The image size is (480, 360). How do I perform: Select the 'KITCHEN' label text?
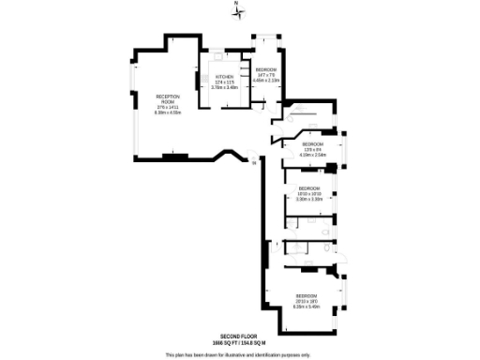[x=224, y=77]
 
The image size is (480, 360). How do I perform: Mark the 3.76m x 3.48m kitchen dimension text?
[x=224, y=87]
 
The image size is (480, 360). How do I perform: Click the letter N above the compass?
[x=236, y=6]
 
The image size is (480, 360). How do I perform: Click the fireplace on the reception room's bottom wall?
[x=169, y=156]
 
